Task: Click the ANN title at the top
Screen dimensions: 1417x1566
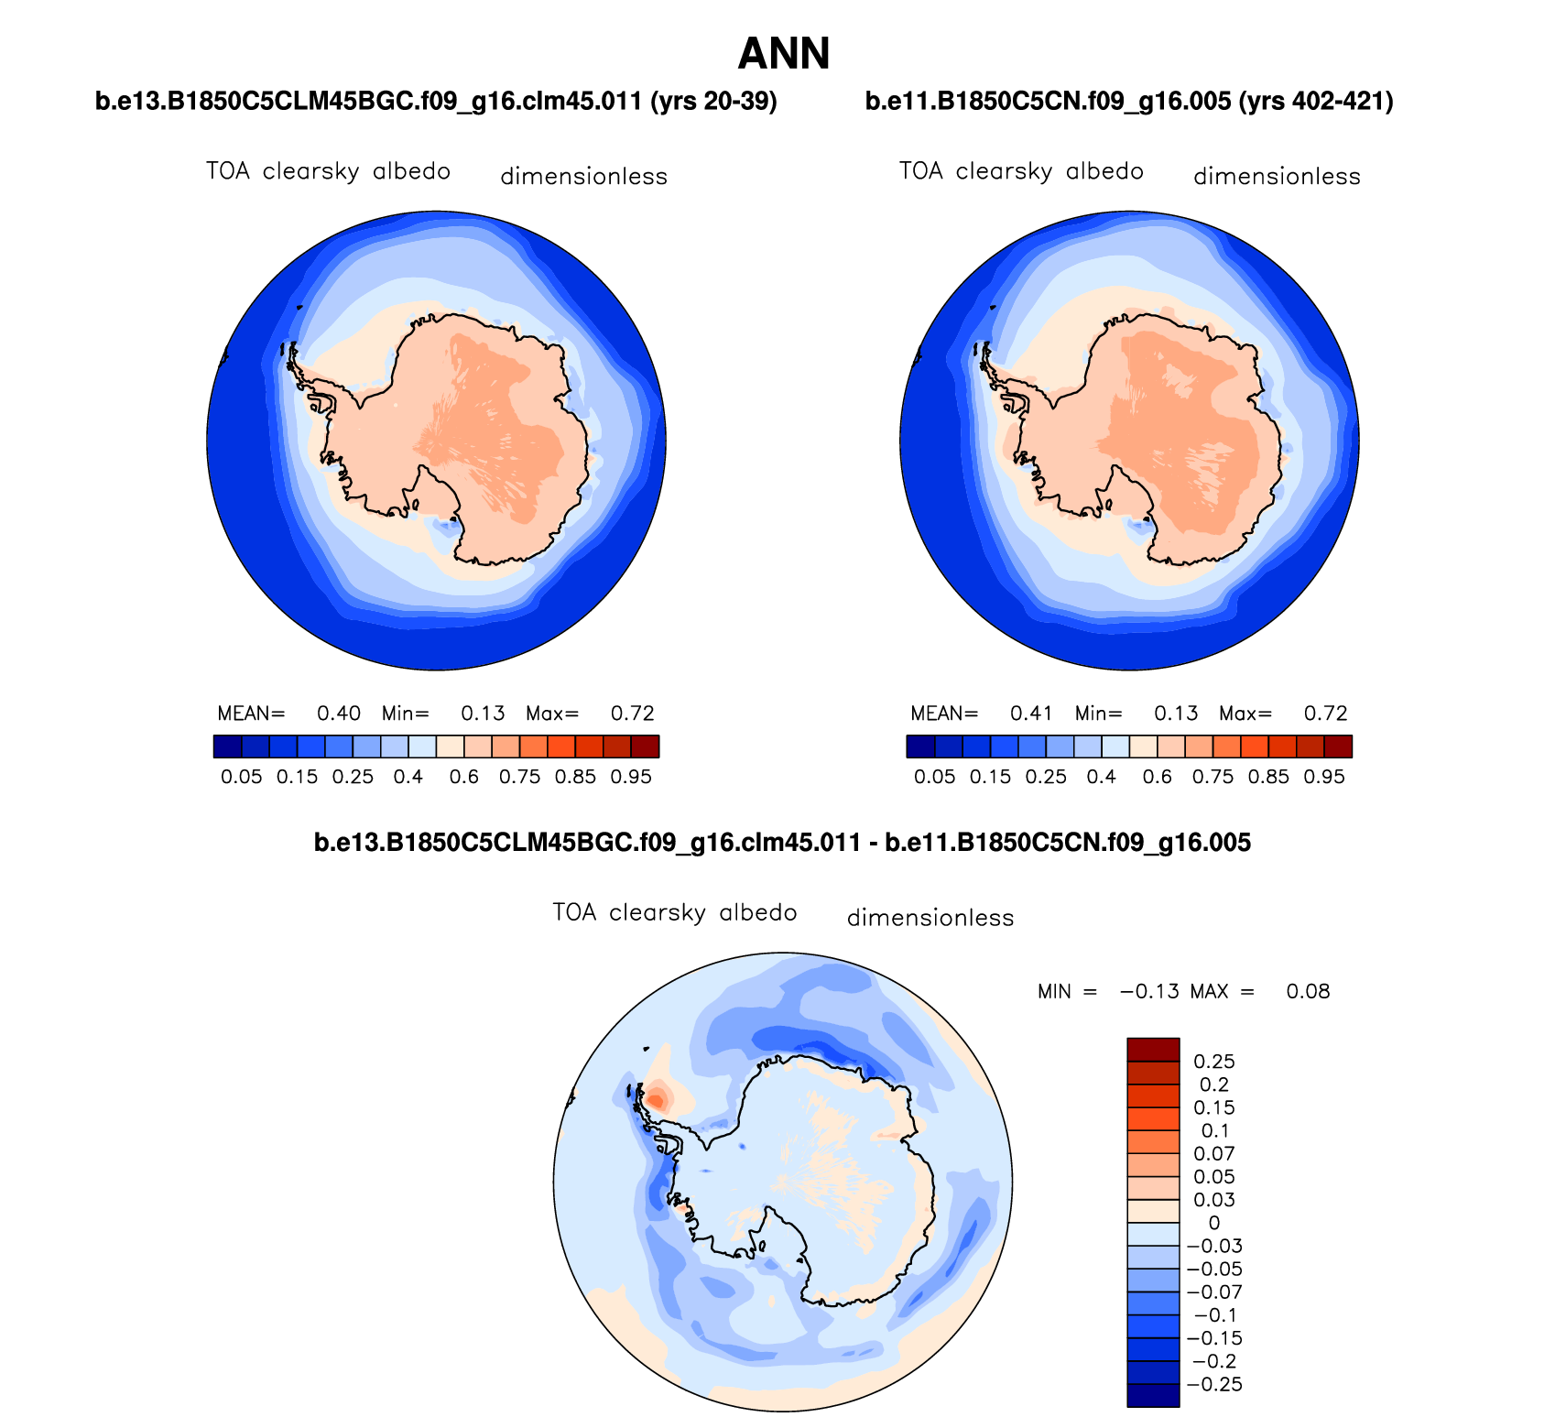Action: coord(783,53)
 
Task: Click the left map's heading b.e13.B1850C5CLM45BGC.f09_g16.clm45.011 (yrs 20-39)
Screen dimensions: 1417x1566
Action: coord(436,102)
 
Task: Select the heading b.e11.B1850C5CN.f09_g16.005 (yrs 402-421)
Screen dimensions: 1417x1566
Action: coord(1129,102)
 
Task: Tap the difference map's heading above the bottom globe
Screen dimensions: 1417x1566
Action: coord(782,843)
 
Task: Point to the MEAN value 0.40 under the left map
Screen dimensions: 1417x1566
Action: coord(339,714)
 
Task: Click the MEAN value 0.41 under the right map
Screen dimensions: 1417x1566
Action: coord(1031,714)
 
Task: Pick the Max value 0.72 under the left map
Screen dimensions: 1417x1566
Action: coord(633,714)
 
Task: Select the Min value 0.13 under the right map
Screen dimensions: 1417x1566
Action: coord(1176,714)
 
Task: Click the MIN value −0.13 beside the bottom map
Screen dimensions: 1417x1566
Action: coord(1149,991)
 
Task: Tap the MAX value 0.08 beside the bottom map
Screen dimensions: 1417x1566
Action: coord(1308,991)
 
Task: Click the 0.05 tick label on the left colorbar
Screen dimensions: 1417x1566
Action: coord(242,778)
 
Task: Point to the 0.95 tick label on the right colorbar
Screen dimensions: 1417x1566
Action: coord(1324,778)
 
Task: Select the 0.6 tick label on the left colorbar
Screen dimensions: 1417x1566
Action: coord(464,778)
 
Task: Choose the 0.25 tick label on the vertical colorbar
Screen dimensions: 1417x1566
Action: coord(1214,1062)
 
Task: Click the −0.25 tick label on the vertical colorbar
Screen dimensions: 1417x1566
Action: coord(1214,1384)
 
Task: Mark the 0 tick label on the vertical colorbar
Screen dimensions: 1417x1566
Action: coord(1214,1223)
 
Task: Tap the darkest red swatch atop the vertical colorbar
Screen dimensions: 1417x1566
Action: coord(1153,1050)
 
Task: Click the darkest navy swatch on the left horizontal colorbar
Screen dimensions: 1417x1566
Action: coord(228,747)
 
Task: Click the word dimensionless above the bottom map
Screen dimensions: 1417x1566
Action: coord(930,918)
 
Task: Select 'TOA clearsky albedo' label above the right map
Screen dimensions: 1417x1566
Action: coord(1021,171)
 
